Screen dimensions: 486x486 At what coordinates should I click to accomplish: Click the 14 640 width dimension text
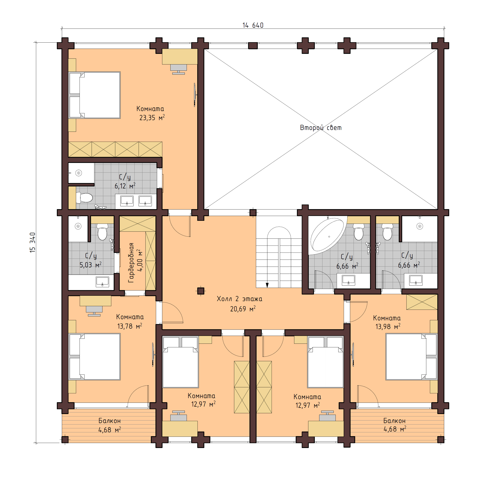253,25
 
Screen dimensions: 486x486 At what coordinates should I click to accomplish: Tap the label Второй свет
321,128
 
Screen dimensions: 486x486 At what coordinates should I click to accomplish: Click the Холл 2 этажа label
239,299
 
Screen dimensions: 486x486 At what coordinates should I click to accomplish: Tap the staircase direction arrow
267,285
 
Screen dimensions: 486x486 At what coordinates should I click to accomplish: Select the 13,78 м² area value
130,326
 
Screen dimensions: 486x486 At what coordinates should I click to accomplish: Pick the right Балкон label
394,421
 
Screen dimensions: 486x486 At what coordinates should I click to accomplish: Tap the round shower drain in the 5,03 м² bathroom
78,226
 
